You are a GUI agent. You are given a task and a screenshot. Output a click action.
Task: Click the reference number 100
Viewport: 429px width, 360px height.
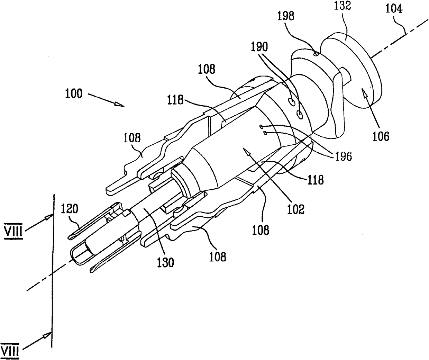(x=73, y=93)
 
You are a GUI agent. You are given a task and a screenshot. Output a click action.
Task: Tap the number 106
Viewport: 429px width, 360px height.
(x=381, y=136)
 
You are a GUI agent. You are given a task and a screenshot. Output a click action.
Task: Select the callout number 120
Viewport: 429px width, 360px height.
(x=70, y=209)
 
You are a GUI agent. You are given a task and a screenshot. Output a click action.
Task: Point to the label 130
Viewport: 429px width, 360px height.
(x=164, y=263)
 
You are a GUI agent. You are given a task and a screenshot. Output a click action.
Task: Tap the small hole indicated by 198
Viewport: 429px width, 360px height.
(x=316, y=53)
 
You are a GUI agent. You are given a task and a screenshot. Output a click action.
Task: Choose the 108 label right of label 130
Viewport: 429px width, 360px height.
(x=217, y=256)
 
